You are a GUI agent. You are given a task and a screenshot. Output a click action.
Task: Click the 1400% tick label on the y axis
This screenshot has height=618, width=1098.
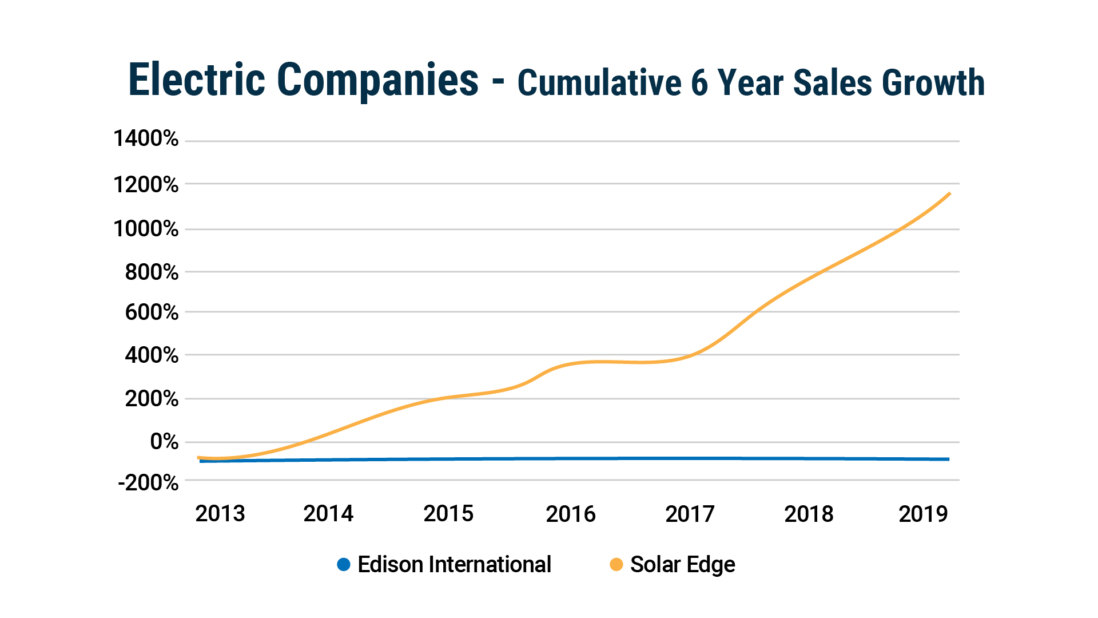(x=146, y=138)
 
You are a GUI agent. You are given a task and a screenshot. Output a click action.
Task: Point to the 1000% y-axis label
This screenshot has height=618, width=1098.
(x=146, y=229)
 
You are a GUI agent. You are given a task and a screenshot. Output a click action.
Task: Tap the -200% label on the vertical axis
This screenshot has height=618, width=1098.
(x=148, y=483)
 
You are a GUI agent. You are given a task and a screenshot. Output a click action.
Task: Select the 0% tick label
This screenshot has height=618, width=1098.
(x=164, y=442)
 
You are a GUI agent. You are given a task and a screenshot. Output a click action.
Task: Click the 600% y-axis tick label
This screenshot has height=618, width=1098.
(x=152, y=312)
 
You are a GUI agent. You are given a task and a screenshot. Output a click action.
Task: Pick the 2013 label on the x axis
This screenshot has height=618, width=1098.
(x=220, y=514)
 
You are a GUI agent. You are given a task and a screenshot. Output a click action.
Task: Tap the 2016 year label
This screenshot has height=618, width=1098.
(x=571, y=514)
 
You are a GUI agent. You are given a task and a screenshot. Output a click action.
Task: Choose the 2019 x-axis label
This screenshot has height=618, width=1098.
(x=923, y=514)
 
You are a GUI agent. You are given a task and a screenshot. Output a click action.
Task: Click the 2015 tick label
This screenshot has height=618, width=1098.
(x=448, y=514)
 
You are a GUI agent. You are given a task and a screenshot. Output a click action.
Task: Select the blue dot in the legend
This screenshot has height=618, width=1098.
(x=344, y=565)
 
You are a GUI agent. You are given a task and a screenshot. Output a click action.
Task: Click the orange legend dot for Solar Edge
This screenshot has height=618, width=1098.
(x=616, y=565)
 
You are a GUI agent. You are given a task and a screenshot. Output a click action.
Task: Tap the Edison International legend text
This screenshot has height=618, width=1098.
(x=454, y=565)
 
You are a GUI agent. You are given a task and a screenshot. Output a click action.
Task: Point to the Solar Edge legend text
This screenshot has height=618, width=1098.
(x=682, y=565)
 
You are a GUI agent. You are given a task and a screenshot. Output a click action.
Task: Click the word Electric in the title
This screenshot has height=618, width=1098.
(x=197, y=80)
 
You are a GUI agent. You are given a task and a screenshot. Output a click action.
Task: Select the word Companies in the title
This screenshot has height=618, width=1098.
(x=377, y=80)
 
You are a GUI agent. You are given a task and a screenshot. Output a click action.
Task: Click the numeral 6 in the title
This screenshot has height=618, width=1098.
(x=699, y=83)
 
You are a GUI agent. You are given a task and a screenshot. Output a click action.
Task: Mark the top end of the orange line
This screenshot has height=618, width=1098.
(x=949, y=194)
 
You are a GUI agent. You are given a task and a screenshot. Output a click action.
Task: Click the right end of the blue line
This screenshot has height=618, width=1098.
(x=948, y=459)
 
